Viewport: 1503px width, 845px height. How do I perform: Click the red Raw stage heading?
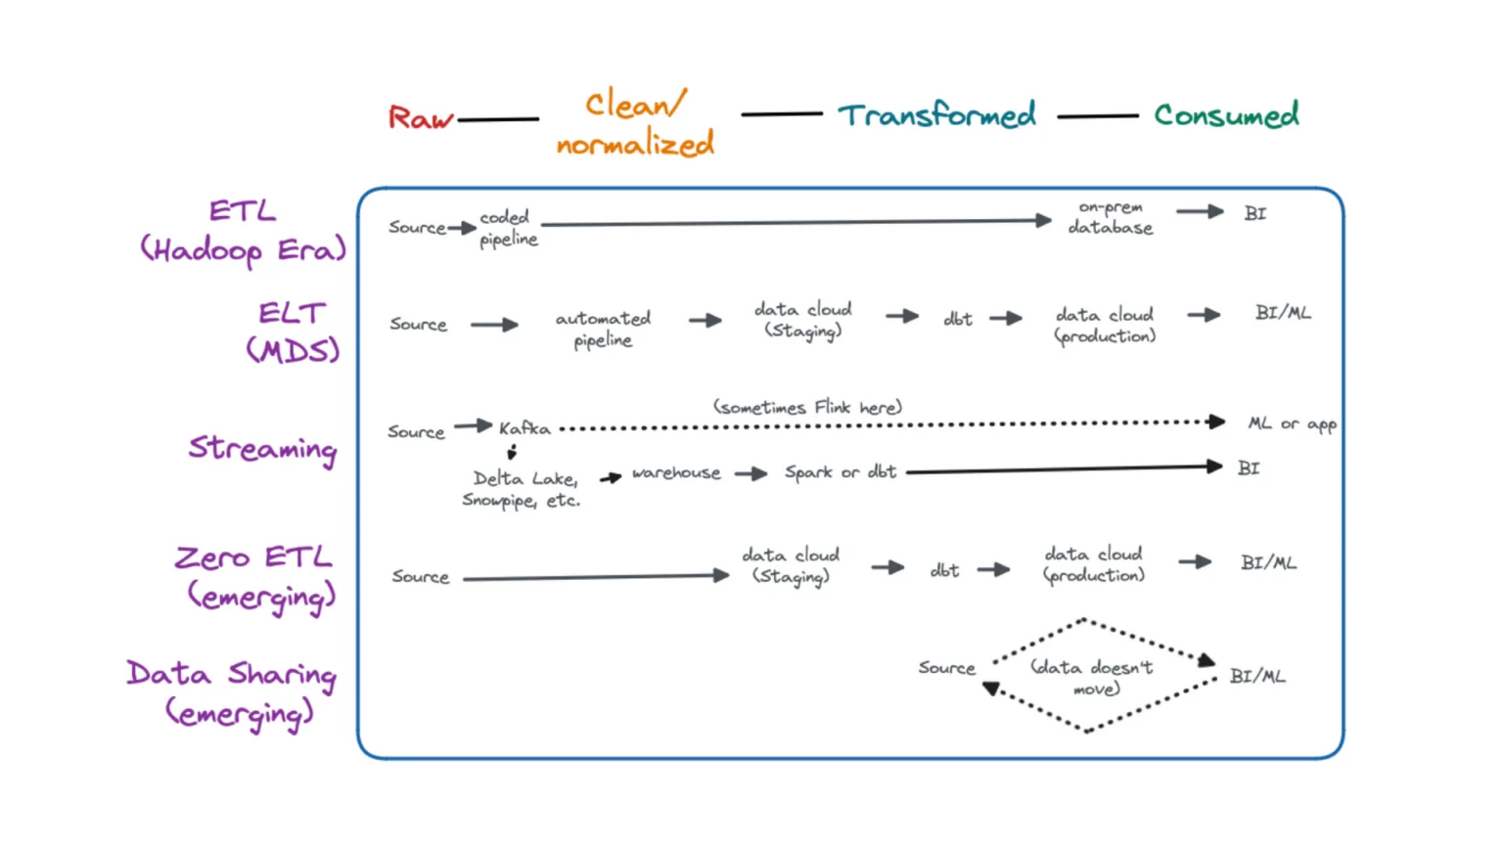click(x=421, y=118)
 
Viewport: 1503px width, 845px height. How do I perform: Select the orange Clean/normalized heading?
click(x=636, y=124)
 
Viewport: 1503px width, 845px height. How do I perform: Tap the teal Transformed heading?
click(x=936, y=115)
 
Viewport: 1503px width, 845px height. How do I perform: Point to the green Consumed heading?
click(x=1226, y=115)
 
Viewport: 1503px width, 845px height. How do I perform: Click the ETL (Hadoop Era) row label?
click(x=244, y=231)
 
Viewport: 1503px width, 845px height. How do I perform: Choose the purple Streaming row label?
click(x=262, y=448)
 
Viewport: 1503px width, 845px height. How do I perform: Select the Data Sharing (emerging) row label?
click(x=233, y=692)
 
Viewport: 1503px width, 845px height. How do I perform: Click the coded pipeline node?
click(x=508, y=228)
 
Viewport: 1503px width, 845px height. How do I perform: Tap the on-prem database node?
click(x=1111, y=217)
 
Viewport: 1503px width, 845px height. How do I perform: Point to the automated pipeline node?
click(x=603, y=329)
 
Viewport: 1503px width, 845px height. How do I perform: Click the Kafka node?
click(x=524, y=428)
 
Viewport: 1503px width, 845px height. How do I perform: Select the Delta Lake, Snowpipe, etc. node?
click(x=522, y=489)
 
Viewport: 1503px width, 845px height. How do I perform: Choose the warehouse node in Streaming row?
click(x=676, y=473)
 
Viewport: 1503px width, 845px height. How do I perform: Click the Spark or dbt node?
click(x=841, y=472)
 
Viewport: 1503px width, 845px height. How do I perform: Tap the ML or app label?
click(x=1292, y=423)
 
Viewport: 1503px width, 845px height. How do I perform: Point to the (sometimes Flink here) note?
click(x=807, y=407)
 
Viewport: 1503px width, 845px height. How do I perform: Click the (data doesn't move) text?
click(x=1092, y=677)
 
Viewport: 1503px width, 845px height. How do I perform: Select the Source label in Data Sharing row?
click(x=946, y=668)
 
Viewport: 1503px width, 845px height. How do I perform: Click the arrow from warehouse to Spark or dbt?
click(x=751, y=474)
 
